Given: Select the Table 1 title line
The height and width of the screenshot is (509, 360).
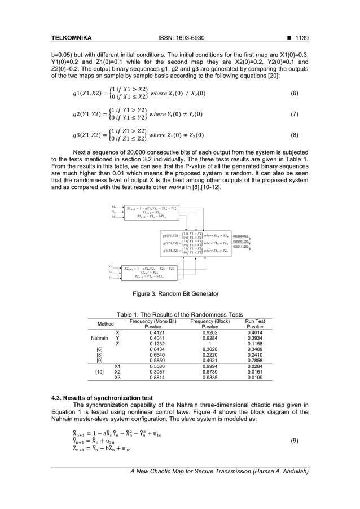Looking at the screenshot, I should coord(179,314).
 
